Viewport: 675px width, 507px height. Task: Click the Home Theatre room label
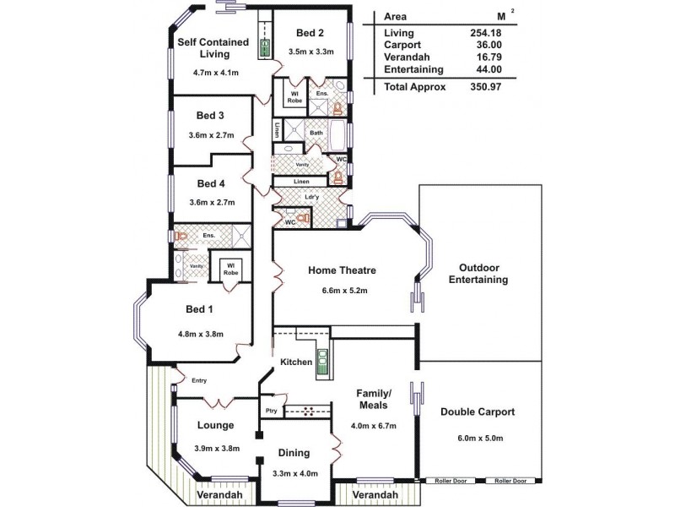(342, 270)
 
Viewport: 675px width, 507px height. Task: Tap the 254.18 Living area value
(487, 32)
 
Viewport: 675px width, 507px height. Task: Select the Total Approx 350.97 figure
(487, 86)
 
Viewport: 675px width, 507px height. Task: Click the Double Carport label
(478, 412)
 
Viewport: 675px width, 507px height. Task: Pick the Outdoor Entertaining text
(478, 273)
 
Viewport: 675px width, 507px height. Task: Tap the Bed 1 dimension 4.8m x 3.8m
(200, 334)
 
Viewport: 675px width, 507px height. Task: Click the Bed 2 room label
(310, 33)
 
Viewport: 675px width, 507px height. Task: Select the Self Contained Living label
(213, 48)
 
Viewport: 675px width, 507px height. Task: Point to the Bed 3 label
(210, 115)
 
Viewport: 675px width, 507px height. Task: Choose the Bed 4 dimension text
(210, 202)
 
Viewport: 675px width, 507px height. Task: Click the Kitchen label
(296, 363)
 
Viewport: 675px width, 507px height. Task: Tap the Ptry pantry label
(271, 411)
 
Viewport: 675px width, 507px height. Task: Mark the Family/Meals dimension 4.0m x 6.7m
(373, 425)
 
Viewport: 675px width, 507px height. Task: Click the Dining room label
(294, 453)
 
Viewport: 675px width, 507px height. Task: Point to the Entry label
(199, 380)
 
